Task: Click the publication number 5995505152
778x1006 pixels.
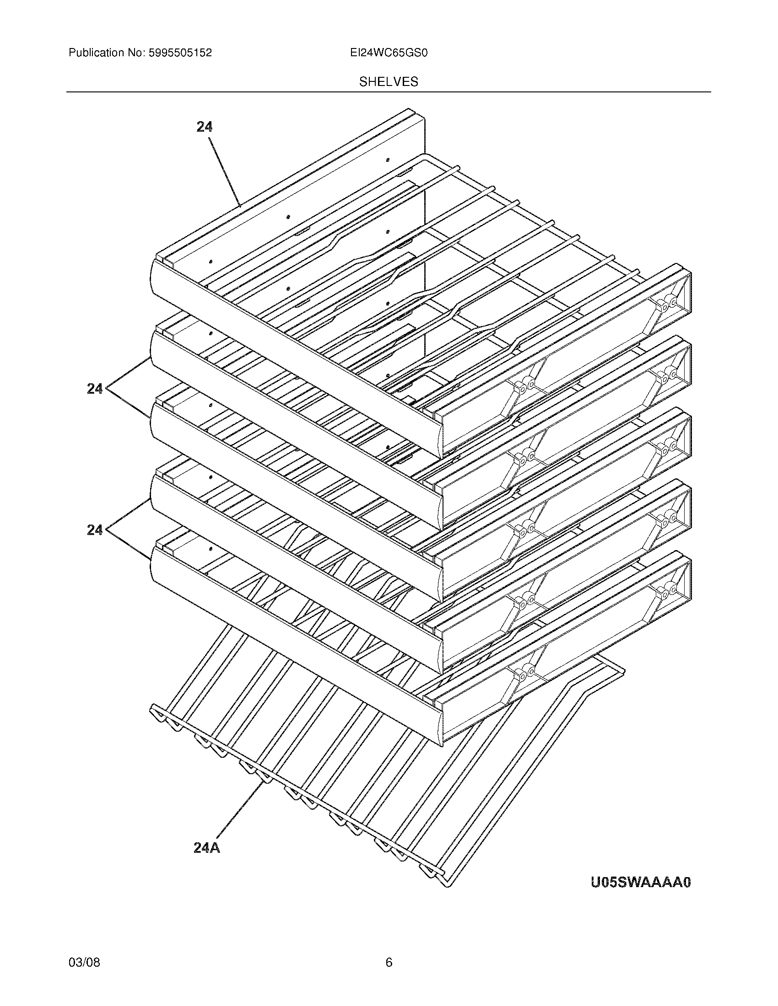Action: click(x=180, y=53)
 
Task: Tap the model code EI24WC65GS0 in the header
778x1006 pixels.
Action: click(x=389, y=53)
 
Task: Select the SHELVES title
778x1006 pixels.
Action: click(x=389, y=82)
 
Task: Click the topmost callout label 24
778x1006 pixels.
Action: click(x=204, y=127)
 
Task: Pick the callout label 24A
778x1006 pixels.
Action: click(x=206, y=847)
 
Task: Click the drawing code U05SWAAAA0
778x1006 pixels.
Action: click(x=641, y=882)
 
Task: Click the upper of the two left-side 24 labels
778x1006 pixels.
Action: click(x=95, y=389)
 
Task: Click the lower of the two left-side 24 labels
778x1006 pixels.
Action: click(x=95, y=530)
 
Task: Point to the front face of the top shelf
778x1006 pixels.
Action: click(x=295, y=359)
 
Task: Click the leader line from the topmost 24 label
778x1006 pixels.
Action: click(x=226, y=173)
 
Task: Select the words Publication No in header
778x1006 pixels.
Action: click(x=106, y=53)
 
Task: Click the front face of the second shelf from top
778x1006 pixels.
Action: click(x=295, y=431)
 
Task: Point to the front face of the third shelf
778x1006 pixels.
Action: click(x=295, y=502)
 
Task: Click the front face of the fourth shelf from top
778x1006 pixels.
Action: click(x=295, y=573)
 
